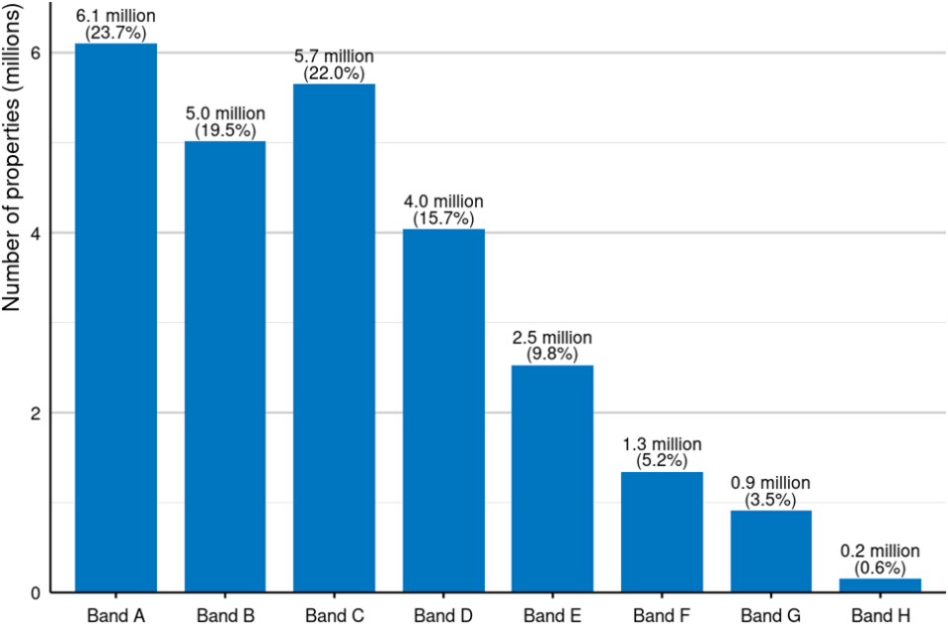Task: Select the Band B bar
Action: click(225, 366)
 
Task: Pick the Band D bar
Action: click(443, 411)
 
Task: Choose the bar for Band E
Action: click(552, 479)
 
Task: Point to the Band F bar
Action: click(662, 532)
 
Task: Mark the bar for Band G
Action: click(770, 551)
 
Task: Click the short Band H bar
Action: click(880, 586)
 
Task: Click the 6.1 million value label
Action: click(116, 17)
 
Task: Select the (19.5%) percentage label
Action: click(225, 130)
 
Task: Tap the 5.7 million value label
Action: click(334, 57)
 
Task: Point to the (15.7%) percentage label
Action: click(443, 218)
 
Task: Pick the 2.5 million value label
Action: click(552, 338)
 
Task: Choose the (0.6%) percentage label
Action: click(880, 568)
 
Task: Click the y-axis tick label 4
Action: click(35, 233)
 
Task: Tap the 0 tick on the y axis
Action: click(35, 592)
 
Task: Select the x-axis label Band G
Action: click(770, 615)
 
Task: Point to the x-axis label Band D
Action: click(443, 615)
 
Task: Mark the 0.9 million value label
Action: click(770, 483)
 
